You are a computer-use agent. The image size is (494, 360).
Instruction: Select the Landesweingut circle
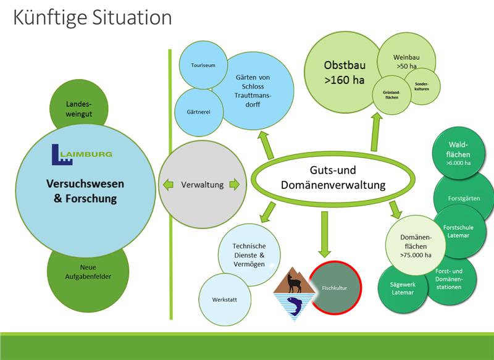pyautogui.click(x=74, y=105)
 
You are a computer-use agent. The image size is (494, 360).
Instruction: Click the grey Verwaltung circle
pyautogui.click(x=201, y=184)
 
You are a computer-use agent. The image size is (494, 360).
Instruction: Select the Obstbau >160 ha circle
pyautogui.click(x=342, y=72)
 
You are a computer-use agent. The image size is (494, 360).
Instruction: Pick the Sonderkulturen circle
pyautogui.click(x=423, y=85)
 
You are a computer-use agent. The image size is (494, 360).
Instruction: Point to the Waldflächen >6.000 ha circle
pyautogui.click(x=458, y=153)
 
